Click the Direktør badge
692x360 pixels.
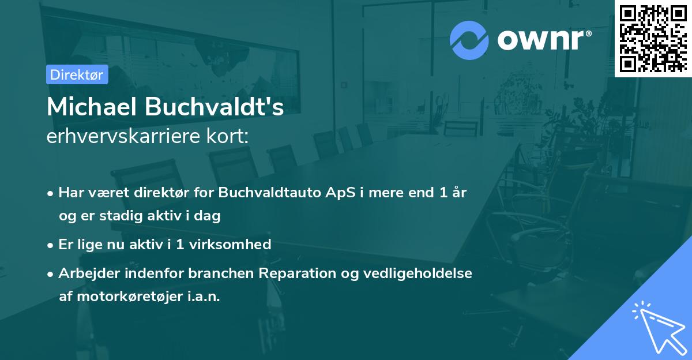coord(77,74)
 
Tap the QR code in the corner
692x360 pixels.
coord(653,38)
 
